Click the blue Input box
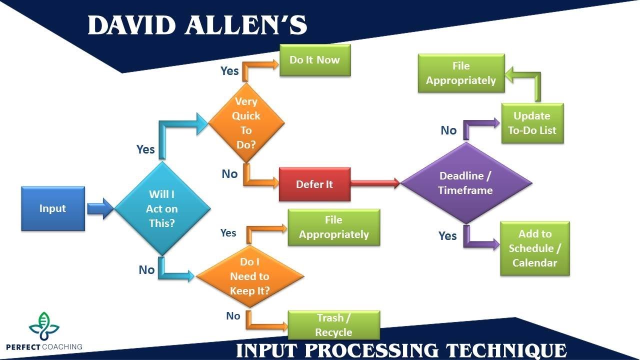coord(53,208)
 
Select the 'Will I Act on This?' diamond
coord(162,208)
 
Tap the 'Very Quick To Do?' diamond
coord(246,123)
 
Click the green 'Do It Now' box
coord(314,60)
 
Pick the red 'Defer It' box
coord(314,184)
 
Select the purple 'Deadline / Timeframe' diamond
coord(465,183)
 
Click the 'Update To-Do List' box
coord(532,123)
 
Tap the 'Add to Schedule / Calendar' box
coord(534,248)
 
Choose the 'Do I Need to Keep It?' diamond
coord(249,276)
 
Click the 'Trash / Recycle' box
coord(333,325)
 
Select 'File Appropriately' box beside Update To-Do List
coord(461,73)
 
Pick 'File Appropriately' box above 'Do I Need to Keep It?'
coord(333,227)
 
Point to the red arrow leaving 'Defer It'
coord(375,183)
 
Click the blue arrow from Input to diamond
coord(100,208)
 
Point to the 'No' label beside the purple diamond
coord(448,130)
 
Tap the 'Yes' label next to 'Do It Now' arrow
coord(229,71)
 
